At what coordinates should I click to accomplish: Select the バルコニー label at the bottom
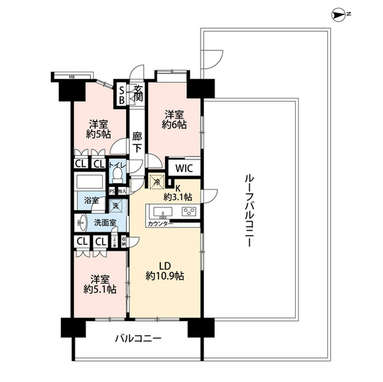coord(138,338)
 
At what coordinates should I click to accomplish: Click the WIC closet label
coord(183,169)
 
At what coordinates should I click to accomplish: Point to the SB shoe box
coord(121,94)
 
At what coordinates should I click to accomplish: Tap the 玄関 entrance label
coord(138,94)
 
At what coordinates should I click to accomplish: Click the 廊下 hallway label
coord(138,141)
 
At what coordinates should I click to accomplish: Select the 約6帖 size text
coord(174,126)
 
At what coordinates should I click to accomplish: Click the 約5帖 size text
coord(99,135)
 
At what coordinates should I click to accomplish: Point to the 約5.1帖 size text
coord(99,289)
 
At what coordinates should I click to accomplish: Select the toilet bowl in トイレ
coord(118,174)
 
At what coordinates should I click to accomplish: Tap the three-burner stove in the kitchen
coord(189,212)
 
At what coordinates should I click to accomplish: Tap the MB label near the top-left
coord(72,76)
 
